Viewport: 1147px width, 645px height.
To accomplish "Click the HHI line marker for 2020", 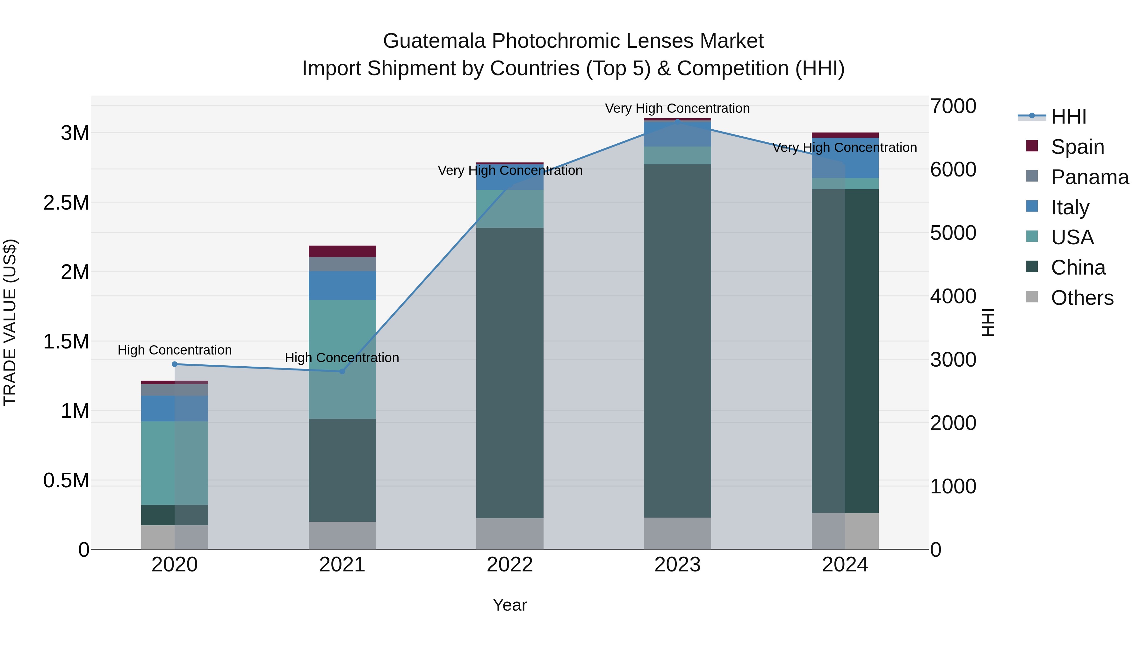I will (x=175, y=364).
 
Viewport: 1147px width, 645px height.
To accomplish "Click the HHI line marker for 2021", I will (x=342, y=371).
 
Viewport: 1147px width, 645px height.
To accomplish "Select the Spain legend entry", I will (x=1077, y=147).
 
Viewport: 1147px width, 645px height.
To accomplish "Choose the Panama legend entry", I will (x=1090, y=177).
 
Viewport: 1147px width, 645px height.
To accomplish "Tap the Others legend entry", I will (x=1082, y=297).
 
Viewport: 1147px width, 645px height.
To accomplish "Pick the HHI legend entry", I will (x=1068, y=117).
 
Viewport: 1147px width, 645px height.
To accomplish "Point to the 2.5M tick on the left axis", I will (x=66, y=203).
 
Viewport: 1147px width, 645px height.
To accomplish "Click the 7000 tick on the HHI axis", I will (x=953, y=106).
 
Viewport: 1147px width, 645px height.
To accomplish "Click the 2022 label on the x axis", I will (x=509, y=564).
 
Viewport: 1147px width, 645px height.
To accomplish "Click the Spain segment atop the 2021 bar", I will (x=342, y=251).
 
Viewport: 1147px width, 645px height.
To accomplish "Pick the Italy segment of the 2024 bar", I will (x=845, y=158).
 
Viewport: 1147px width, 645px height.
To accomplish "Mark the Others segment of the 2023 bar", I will (x=677, y=533).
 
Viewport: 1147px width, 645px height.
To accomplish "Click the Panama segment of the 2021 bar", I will (x=342, y=264).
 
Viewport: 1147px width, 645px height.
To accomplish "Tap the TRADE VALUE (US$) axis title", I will (x=10, y=322).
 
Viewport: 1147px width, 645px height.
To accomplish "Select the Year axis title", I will (x=509, y=605).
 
